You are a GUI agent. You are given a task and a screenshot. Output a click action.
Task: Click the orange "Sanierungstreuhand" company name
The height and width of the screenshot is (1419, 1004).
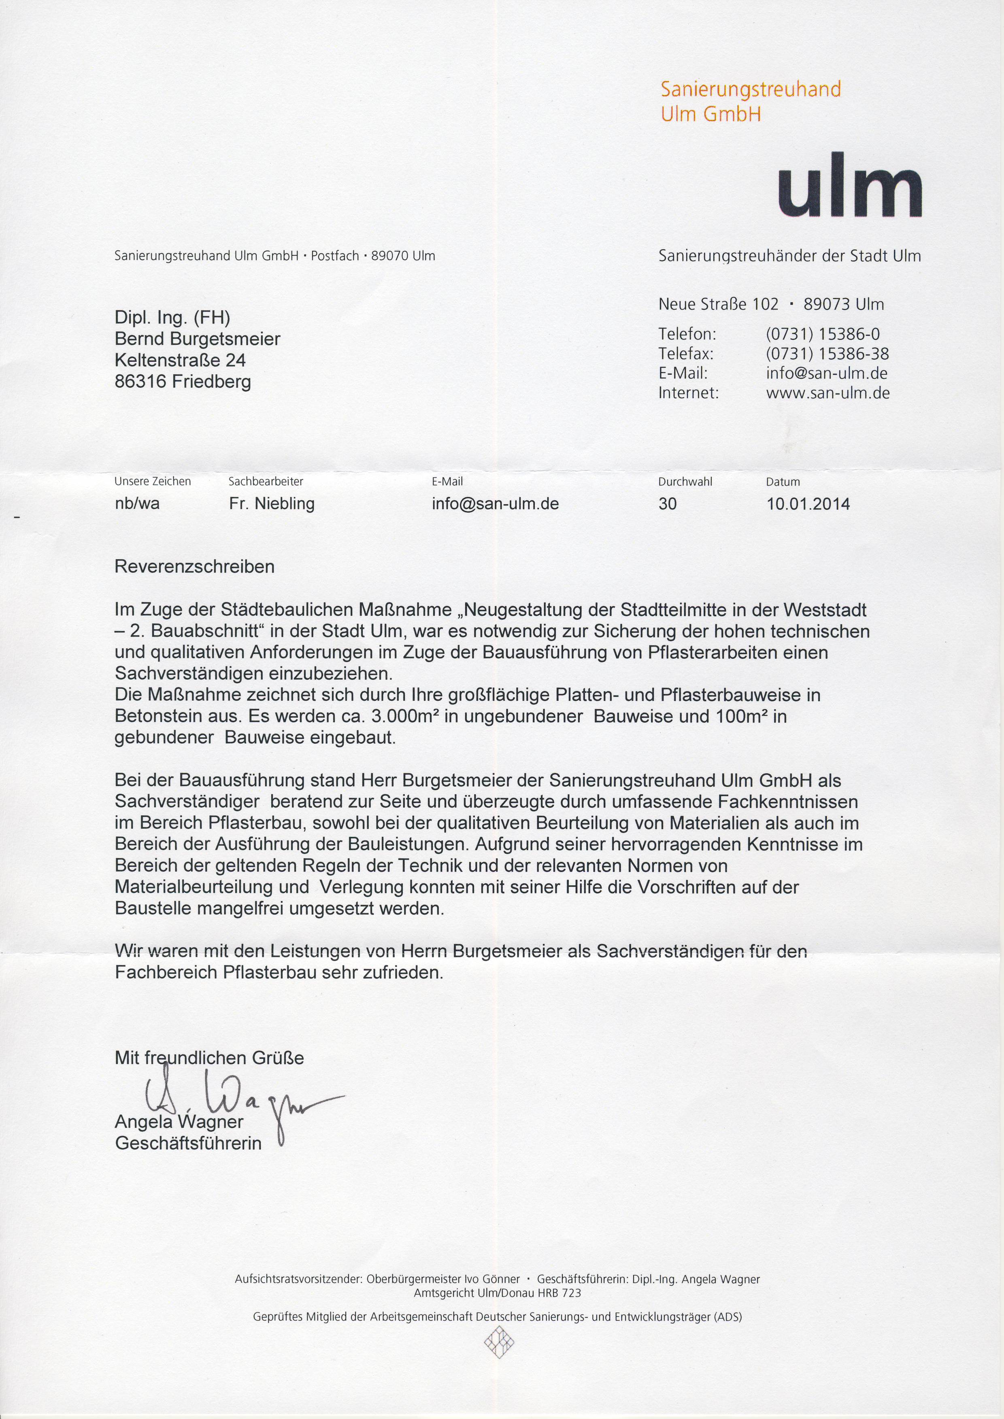tap(751, 89)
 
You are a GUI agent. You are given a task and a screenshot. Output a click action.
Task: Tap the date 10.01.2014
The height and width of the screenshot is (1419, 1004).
tap(808, 504)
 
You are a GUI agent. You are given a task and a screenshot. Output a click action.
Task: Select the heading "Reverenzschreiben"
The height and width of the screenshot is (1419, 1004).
tap(195, 567)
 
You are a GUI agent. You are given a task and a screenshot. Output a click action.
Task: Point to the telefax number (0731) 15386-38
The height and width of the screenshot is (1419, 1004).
tap(827, 354)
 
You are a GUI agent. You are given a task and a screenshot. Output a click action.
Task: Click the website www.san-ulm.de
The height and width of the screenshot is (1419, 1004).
tap(827, 393)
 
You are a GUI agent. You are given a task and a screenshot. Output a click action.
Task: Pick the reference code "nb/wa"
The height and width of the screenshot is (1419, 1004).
tap(137, 504)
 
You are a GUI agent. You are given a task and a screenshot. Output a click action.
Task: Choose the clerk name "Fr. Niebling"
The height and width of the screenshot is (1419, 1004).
tap(271, 504)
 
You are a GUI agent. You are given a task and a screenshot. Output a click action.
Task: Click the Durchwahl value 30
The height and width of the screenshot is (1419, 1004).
tap(668, 504)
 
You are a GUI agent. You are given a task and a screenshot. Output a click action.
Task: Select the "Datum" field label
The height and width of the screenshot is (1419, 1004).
tap(783, 482)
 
